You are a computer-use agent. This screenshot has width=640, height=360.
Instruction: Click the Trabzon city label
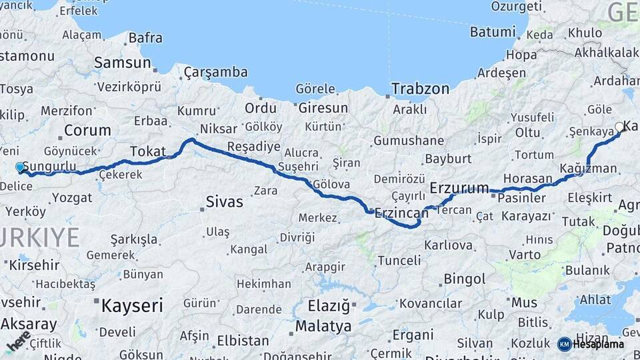point(420,88)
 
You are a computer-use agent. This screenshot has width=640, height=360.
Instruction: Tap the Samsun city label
point(123,63)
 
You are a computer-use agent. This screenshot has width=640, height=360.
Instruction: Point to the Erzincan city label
point(401,213)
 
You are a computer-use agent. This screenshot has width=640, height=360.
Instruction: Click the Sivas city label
point(224,201)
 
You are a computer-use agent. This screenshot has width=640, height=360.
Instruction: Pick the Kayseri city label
point(132,306)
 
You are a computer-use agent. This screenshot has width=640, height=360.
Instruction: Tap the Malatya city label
point(323,326)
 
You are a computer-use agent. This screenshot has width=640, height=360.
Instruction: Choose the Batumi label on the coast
point(493,31)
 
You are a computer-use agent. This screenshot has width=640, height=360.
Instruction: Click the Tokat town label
point(147,151)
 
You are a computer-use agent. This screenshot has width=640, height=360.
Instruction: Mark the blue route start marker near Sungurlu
point(20,167)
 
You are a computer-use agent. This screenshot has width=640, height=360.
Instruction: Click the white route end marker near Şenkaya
point(619,127)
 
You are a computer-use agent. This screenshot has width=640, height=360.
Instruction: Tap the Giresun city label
point(323,107)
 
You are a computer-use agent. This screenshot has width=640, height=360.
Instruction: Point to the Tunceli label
point(399,260)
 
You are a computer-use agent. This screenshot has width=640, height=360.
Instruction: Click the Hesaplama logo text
point(598,344)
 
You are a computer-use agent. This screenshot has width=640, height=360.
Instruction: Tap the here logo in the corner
point(19,341)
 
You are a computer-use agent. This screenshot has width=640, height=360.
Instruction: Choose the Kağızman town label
point(588,168)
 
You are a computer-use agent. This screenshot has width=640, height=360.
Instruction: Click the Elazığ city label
point(329,306)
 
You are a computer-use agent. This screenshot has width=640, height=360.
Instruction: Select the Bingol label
point(464,279)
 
